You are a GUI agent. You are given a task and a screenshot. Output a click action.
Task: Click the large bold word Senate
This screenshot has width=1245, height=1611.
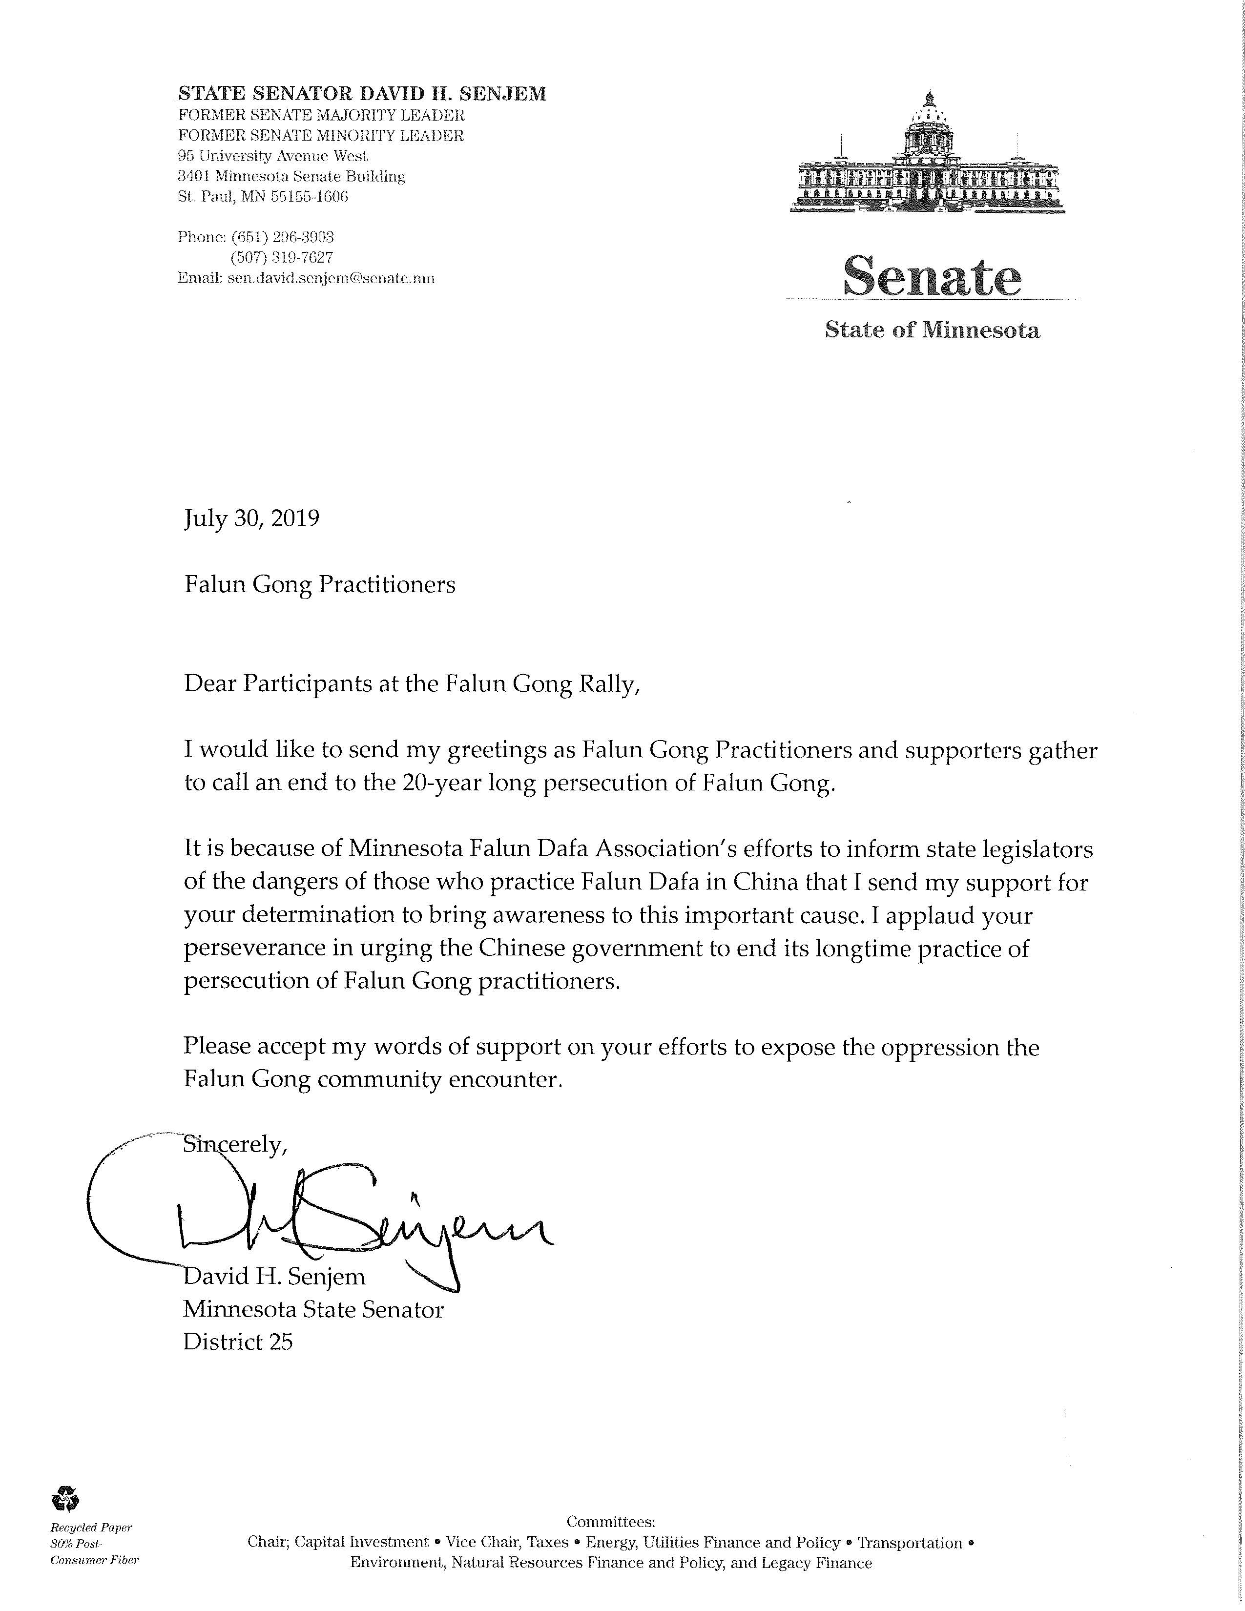coord(932,275)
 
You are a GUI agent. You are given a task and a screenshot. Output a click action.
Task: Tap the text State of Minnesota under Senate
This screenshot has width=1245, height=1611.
coord(932,330)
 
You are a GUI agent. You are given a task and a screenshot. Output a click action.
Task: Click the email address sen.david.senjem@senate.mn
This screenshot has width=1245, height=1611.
coord(331,278)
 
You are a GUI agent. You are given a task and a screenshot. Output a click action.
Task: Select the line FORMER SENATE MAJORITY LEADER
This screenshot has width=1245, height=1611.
coord(321,115)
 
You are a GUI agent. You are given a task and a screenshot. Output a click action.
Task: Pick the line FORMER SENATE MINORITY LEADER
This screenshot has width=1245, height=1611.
coord(321,136)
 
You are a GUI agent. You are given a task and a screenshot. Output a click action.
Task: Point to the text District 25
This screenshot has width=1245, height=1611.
coord(237,1341)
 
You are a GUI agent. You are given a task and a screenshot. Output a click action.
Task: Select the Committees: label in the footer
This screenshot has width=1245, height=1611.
coord(611,1522)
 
